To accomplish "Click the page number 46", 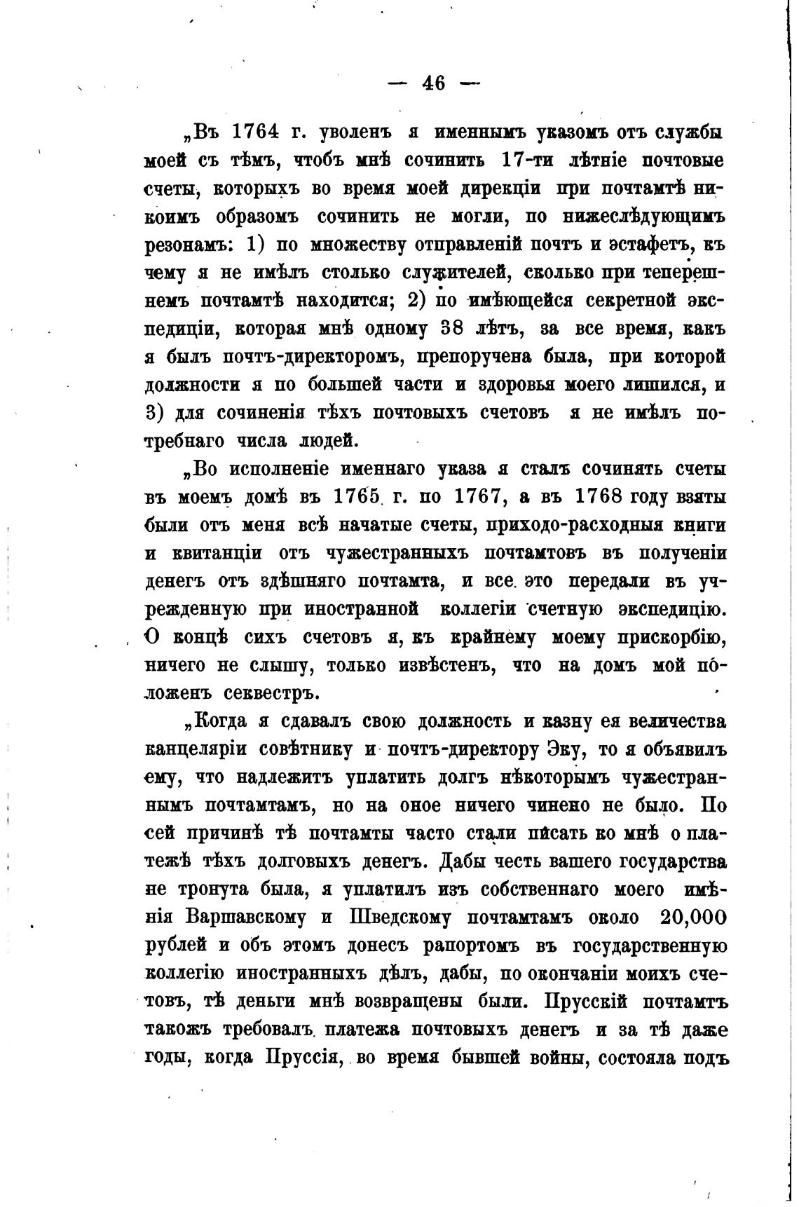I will pos(434,83).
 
